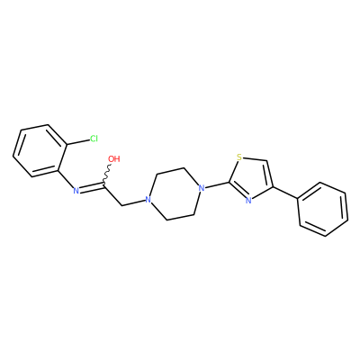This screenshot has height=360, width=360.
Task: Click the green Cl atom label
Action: [x=94, y=139]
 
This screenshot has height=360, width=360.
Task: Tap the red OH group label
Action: [x=114, y=158]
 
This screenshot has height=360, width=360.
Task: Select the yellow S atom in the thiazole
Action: [x=239, y=157]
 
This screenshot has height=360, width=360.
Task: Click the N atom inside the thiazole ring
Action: [x=248, y=200]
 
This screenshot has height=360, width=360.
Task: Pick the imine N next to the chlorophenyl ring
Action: [x=76, y=190]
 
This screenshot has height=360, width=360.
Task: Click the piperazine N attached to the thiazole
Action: [x=202, y=188]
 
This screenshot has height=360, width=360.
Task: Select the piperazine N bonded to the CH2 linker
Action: [x=148, y=200]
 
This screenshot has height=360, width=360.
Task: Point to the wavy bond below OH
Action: [x=107, y=175]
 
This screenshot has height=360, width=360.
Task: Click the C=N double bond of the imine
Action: [x=92, y=188]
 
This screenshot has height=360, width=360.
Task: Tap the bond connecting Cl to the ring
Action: [x=77, y=142]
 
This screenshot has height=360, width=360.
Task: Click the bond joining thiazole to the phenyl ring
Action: [x=285, y=193]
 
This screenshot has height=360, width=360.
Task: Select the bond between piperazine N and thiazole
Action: [x=217, y=185]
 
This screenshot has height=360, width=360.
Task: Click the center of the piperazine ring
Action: [x=175, y=194]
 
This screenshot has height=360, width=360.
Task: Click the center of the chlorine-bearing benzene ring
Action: [x=40, y=150]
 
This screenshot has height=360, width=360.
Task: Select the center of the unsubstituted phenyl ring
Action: [x=323, y=209]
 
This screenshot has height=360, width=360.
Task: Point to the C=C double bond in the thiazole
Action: [x=270, y=175]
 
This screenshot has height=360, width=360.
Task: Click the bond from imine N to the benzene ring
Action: [x=66, y=179]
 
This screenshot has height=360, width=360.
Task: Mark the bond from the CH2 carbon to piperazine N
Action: [x=133, y=202]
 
